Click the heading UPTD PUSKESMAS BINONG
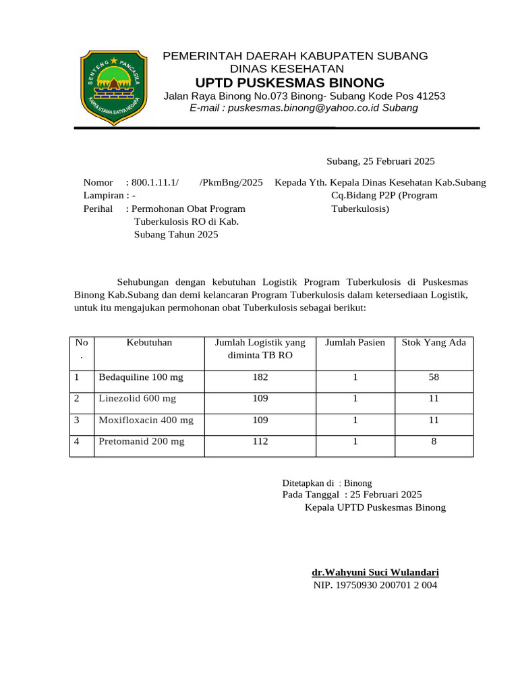(289, 83)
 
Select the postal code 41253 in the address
(430, 96)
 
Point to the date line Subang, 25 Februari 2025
(380, 161)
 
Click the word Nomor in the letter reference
(98, 183)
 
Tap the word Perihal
(98, 209)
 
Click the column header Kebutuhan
(149, 343)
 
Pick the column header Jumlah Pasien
(355, 343)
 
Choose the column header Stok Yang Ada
(434, 343)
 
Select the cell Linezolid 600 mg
(137, 399)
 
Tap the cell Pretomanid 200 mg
(141, 442)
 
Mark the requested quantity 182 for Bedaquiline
(260, 377)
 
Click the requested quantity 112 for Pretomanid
(260, 442)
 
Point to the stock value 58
(434, 377)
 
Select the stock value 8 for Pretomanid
(434, 442)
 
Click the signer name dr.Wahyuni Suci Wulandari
(375, 572)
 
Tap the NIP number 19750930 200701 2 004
(375, 585)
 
